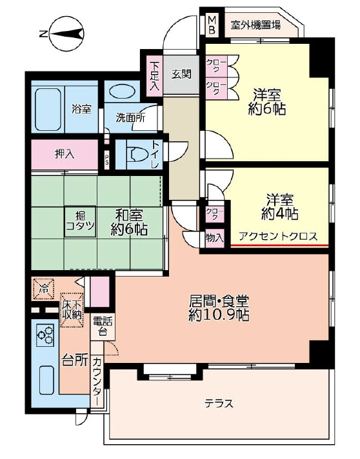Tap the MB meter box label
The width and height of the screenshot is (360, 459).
212,25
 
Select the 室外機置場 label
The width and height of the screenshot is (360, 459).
255,25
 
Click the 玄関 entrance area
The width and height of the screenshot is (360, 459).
181,75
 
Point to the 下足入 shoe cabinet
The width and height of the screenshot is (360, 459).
154,75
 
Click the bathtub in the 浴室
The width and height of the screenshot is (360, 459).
48,110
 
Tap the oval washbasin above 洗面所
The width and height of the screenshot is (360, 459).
122,92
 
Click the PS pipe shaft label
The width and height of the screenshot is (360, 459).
107,160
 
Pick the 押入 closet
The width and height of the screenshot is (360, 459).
65,154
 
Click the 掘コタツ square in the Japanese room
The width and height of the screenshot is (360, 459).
80,221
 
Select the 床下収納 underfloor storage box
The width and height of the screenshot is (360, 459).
72,310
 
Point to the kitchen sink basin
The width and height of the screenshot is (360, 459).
46,380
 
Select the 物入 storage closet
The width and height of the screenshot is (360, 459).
215,238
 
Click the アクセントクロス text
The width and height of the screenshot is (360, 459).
278,236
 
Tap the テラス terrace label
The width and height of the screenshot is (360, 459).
219,404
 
